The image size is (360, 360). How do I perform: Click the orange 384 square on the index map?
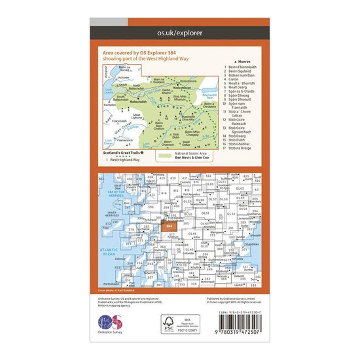170,226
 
